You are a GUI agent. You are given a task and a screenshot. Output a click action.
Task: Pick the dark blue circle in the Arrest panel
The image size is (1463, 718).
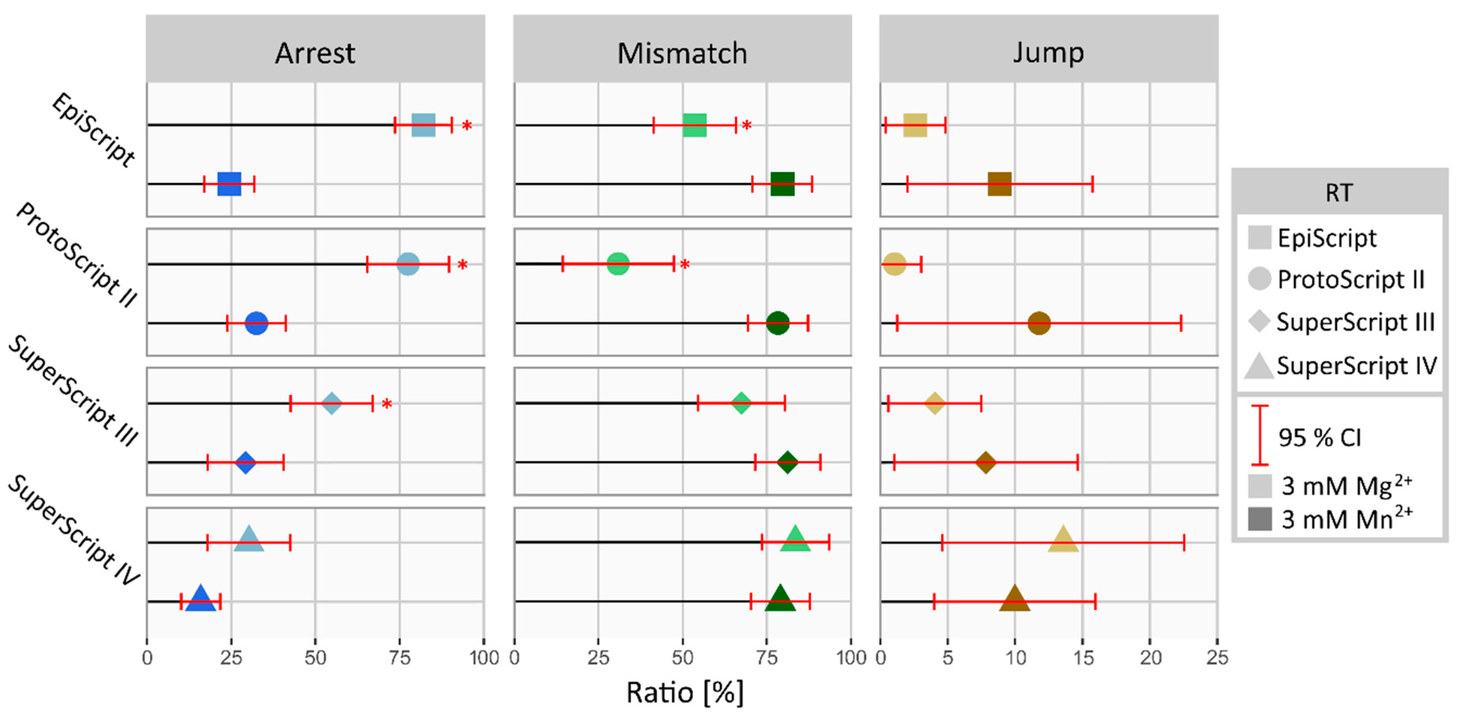[256, 323]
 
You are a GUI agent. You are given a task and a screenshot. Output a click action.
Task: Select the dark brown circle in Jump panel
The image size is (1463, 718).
[1039, 323]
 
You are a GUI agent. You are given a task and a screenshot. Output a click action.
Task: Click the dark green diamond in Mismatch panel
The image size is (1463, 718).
[787, 462]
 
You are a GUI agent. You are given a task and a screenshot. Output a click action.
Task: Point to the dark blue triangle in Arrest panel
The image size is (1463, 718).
[201, 599]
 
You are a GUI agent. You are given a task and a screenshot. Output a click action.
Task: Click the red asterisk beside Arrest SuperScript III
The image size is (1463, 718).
[387, 404]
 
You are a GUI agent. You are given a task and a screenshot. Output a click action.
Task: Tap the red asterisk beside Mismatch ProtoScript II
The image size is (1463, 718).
[685, 265]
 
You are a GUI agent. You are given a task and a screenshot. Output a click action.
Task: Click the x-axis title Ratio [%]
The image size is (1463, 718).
[685, 693]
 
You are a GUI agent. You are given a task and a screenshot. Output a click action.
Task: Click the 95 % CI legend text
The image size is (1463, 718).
[1319, 437]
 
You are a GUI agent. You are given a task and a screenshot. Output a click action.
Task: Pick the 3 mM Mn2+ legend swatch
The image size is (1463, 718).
[1260, 519]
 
